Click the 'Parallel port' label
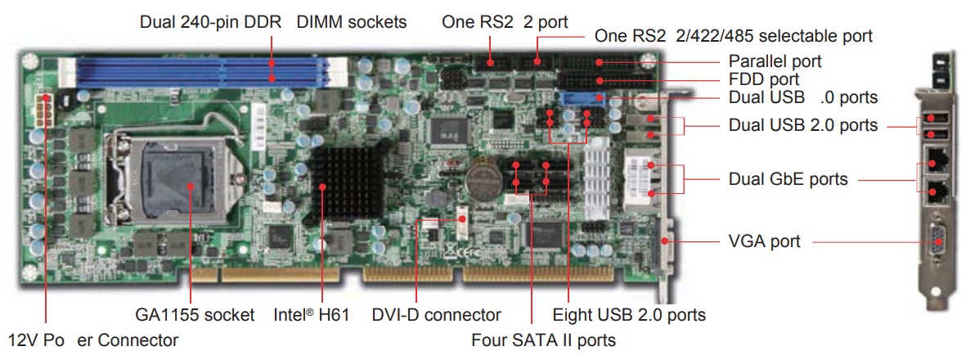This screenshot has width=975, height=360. click(775, 61)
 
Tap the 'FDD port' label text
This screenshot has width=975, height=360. click(763, 79)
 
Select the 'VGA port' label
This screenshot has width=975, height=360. click(764, 241)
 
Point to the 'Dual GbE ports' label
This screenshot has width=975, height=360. click(788, 178)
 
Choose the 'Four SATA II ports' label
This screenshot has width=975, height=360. click(544, 339)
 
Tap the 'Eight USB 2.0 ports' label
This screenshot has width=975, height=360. click(629, 314)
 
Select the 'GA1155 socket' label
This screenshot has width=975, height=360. click(195, 314)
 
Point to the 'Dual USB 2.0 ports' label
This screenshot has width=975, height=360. click(803, 125)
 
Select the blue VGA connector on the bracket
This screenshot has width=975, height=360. click(937, 241)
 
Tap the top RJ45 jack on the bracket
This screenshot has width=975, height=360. click(937, 160)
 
